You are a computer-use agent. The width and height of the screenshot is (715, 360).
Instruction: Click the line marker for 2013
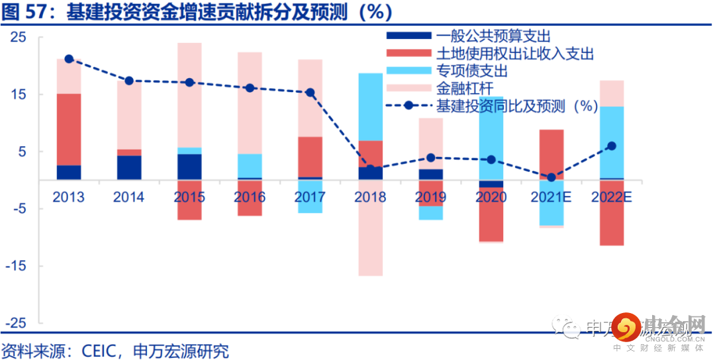(69, 59)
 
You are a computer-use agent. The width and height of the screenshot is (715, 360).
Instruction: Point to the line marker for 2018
(371, 169)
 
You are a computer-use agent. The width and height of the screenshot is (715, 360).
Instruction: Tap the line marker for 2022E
(612, 146)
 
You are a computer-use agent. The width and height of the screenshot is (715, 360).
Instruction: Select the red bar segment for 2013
(69, 129)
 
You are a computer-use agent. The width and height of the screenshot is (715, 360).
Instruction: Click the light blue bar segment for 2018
(371, 107)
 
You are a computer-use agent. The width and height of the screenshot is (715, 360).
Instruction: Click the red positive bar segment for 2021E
(551, 154)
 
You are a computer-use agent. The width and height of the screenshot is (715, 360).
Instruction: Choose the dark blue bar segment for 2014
(129, 167)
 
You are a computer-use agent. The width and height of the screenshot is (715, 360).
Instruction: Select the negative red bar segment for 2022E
(612, 212)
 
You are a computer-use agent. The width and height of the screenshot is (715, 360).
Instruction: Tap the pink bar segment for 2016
(250, 103)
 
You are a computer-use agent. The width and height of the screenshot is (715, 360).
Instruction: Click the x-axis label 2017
(310, 197)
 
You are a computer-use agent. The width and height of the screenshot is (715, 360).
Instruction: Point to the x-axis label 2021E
(551, 197)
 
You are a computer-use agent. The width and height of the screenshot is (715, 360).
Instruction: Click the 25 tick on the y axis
(18, 38)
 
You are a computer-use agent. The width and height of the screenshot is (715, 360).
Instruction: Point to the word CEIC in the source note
(99, 350)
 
